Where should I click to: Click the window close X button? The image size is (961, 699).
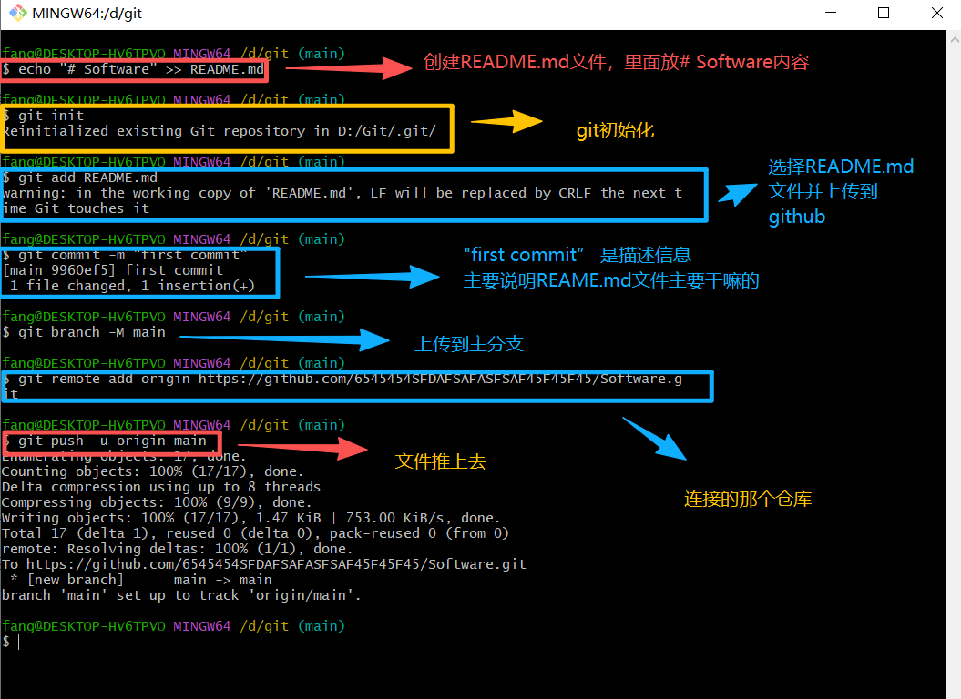(x=937, y=14)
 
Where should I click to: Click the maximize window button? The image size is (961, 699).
(x=884, y=14)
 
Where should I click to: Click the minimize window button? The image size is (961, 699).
(x=829, y=14)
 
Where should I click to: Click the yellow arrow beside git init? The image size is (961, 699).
(x=506, y=122)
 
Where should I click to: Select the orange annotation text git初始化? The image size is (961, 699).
(x=615, y=130)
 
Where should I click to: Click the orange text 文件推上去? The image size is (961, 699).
(x=440, y=461)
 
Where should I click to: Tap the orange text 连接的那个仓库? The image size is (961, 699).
(x=747, y=499)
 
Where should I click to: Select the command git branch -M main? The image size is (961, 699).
(x=91, y=332)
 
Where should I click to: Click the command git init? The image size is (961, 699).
(x=50, y=116)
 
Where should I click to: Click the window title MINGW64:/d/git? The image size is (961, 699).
(x=87, y=14)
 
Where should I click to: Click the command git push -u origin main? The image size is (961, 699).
(x=112, y=441)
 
